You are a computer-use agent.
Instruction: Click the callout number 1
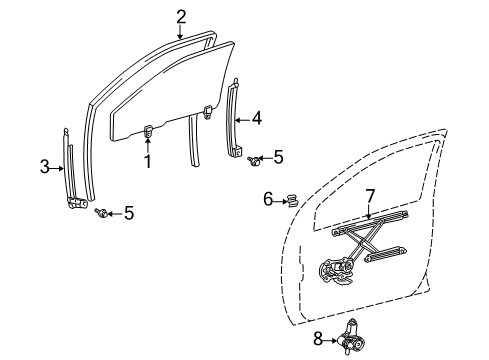tap(148, 161)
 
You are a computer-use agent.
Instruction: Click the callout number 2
tap(181, 15)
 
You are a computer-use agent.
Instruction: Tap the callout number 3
tap(44, 167)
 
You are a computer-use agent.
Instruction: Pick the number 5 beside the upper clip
tap(279, 157)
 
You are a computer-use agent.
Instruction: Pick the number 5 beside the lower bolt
tap(128, 213)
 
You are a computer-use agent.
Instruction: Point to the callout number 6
tap(268, 200)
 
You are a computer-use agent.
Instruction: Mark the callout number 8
tap(319, 340)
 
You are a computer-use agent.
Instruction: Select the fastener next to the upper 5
tap(255, 157)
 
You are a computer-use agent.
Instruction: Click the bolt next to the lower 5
tap(103, 212)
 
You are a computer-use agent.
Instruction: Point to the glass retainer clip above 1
tap(148, 129)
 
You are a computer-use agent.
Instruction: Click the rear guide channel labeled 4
tap(238, 120)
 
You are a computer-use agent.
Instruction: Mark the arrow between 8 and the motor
tap(332, 340)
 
